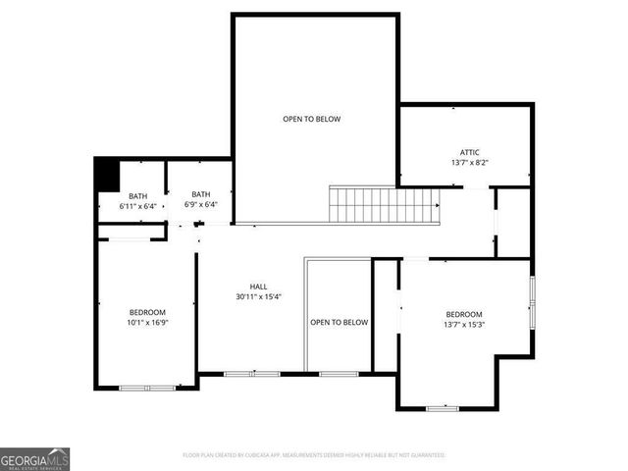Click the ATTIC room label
click(470, 152)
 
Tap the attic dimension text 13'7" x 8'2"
click(470, 163)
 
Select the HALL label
click(258, 287)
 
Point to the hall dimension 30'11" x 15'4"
click(258, 297)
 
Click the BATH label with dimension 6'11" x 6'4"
click(137, 195)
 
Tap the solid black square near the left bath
click(105, 175)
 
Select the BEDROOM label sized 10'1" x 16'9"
click(147, 312)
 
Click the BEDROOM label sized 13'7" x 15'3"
click(464, 314)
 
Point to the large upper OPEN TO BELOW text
click(311, 119)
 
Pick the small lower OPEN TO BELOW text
click(339, 322)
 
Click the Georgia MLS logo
click(35, 458)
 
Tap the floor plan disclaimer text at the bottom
click(314, 455)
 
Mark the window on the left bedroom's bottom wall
click(146, 388)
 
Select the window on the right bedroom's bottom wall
click(442, 407)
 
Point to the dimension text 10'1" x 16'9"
click(147, 323)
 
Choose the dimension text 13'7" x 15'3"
click(464, 325)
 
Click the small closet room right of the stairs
click(514, 222)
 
